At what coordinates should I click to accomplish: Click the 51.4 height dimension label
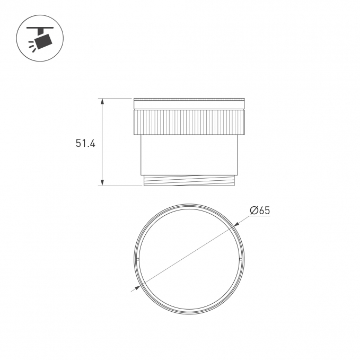[x=85, y=144]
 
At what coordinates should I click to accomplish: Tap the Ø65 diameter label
[x=260, y=210]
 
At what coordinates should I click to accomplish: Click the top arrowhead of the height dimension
[x=102, y=102]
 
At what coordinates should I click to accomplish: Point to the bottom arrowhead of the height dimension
[x=102, y=182]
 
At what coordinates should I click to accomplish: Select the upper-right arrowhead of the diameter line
[x=236, y=224]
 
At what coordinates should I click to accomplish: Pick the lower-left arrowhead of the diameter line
[x=138, y=287]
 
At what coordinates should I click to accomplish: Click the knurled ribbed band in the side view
[x=189, y=122]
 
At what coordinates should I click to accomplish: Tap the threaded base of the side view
[x=189, y=180]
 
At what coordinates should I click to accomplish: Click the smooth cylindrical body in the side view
[x=189, y=155]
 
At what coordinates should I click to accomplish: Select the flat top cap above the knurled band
[x=189, y=104]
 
